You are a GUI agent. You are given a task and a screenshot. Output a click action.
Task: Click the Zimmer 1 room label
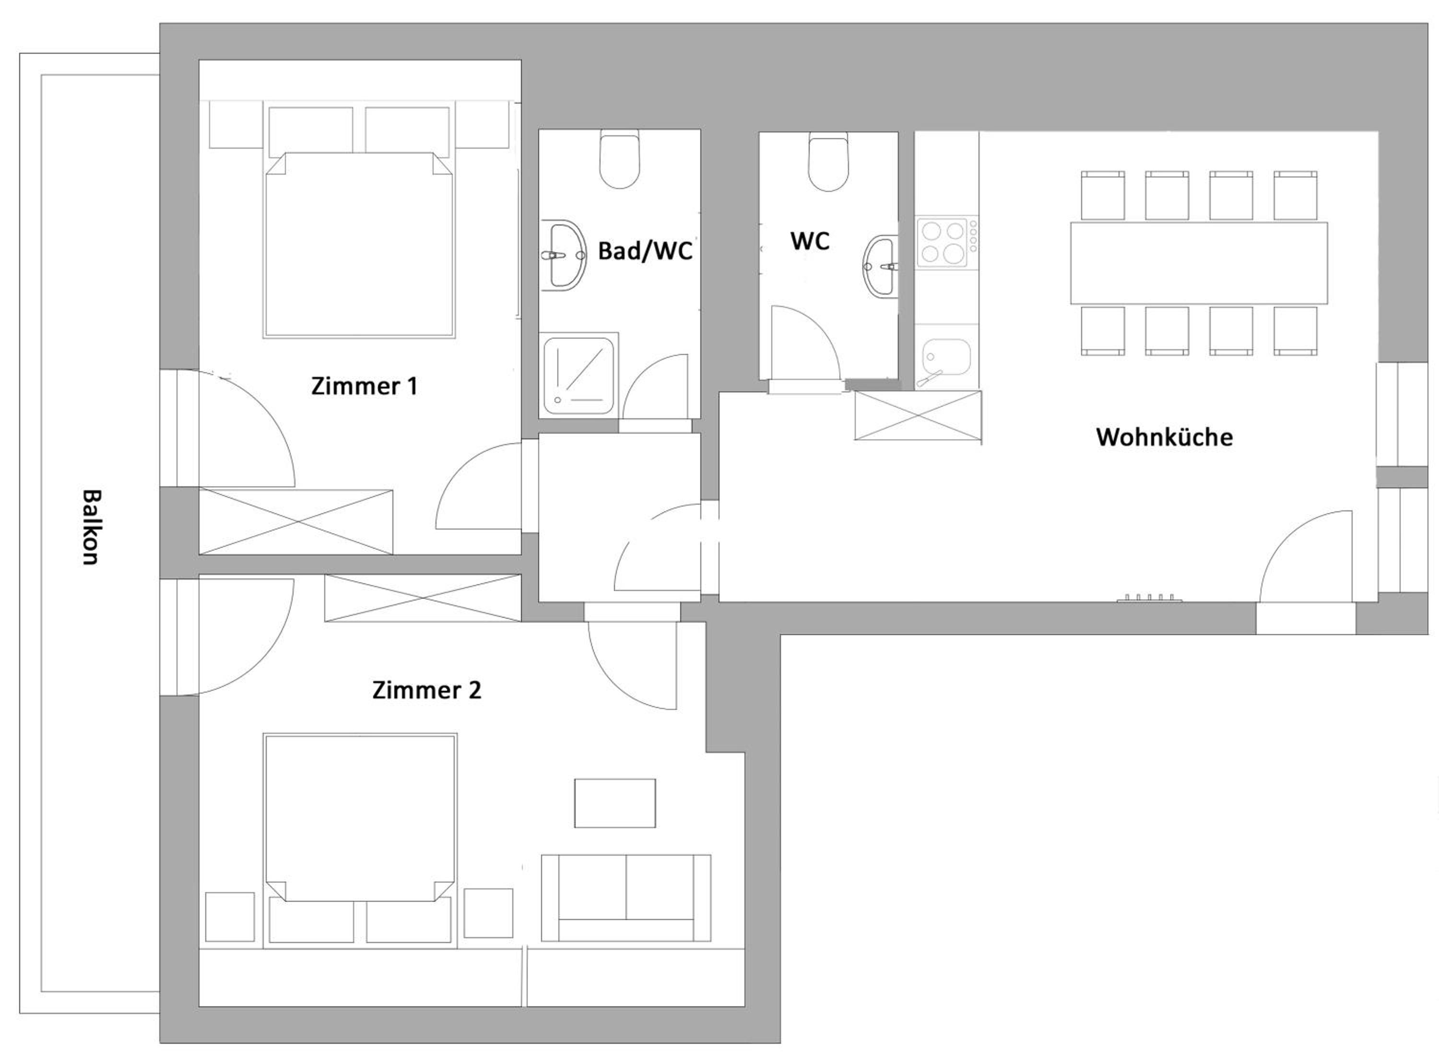364,386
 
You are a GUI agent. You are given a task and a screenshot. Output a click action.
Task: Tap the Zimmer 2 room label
426,690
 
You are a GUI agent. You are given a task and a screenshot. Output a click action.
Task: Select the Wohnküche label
1164,437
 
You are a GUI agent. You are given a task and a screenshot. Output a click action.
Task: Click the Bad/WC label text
645,250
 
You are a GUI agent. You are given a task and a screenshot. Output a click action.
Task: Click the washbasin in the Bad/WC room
563,255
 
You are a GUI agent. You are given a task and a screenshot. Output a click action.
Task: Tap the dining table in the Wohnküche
1198,263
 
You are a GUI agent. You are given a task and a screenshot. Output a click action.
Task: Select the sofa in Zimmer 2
625,897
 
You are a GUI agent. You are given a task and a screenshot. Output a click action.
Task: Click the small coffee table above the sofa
614,803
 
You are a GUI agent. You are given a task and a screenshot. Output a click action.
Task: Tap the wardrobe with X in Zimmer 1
295,521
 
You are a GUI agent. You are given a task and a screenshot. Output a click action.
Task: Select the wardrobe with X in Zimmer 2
423,598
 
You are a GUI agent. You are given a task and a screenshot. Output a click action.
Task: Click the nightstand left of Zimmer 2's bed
230,917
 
